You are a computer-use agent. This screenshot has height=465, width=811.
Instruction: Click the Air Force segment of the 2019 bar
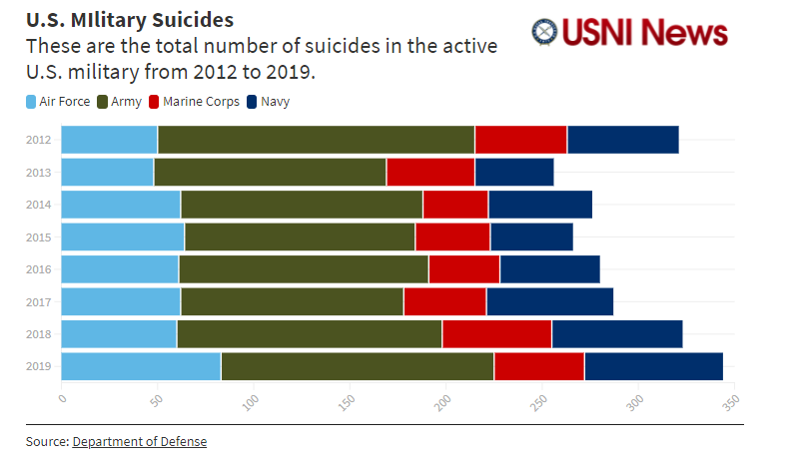pyautogui.click(x=141, y=366)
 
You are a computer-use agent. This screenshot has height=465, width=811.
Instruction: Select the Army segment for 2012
pyautogui.click(x=316, y=140)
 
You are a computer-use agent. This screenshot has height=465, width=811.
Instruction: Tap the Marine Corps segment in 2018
pyautogui.click(x=497, y=334)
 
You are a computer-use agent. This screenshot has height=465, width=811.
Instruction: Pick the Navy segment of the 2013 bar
pyautogui.click(x=513, y=172)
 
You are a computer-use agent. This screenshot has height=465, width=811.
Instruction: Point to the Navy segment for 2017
pyautogui.click(x=549, y=301)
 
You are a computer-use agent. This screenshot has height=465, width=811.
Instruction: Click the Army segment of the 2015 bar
pyautogui.click(x=300, y=236)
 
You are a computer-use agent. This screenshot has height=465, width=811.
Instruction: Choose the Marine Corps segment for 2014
pyautogui.click(x=455, y=205)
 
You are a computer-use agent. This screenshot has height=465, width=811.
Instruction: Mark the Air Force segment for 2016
pyautogui.click(x=120, y=269)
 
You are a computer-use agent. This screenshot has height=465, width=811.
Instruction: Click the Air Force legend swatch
pyautogui.click(x=31, y=101)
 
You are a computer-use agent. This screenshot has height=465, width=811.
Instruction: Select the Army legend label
pyautogui.click(x=125, y=101)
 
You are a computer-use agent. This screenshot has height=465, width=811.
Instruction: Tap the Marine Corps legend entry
pyautogui.click(x=194, y=101)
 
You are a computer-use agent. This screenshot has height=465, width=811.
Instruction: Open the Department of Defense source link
pyautogui.click(x=139, y=441)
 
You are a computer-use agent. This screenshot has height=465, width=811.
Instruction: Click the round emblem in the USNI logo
pyautogui.click(x=545, y=32)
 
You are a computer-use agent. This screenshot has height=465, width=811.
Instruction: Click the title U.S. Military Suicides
pyautogui.click(x=130, y=19)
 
